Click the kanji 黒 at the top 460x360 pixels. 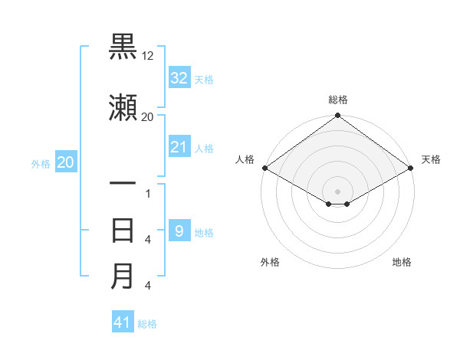pos(123,47)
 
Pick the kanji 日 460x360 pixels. pos(123,230)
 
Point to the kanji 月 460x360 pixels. pos(123,276)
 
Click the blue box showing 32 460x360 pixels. pos(179,78)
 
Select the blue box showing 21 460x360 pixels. pos(179,146)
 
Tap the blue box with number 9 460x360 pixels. pos(179,231)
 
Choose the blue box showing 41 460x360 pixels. pos(123,322)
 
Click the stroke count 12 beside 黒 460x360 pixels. pos(148,55)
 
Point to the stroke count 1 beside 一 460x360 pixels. pos(147,193)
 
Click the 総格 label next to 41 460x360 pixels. pos(147,324)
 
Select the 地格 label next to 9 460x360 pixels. pos(204,233)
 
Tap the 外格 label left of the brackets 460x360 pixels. pos(41,163)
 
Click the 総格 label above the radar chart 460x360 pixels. pos(338,100)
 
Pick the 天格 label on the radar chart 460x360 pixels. pos(432,159)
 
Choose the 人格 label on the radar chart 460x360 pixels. pos(245,159)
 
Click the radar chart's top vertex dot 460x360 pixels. pos(337,116)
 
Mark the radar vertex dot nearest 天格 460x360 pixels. pos(412,168)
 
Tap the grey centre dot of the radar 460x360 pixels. pos(337,190)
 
